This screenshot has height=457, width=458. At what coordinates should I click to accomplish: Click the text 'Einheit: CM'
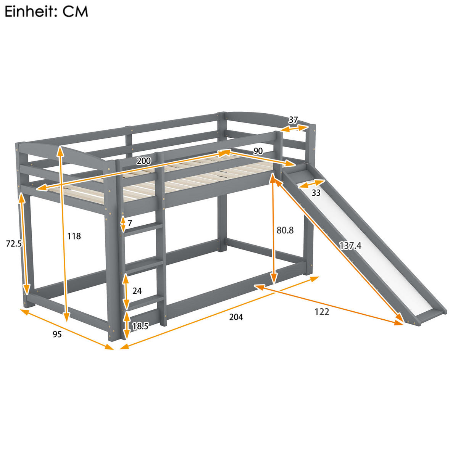click(46, 12)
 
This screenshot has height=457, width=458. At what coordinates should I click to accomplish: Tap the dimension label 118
click(74, 236)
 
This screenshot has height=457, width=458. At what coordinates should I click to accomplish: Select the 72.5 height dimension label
click(13, 244)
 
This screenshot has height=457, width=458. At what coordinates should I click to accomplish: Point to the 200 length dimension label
click(144, 161)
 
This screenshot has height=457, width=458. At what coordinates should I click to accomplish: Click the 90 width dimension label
click(258, 151)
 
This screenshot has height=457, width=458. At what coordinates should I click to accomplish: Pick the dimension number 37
click(293, 120)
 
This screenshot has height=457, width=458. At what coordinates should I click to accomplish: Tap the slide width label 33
click(316, 193)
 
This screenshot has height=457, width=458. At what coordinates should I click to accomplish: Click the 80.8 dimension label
click(285, 230)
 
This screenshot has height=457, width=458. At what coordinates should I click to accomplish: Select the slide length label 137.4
click(350, 246)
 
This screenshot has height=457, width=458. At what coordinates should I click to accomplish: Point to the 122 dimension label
click(322, 312)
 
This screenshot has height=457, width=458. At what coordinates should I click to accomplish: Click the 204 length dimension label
click(236, 317)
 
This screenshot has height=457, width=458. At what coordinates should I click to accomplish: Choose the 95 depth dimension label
click(57, 335)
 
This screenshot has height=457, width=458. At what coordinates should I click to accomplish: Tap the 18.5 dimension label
click(140, 326)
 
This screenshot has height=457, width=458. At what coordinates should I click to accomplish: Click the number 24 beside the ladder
click(137, 291)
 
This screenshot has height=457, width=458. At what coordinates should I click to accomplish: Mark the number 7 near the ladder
click(130, 223)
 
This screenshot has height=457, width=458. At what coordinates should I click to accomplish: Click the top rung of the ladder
click(144, 228)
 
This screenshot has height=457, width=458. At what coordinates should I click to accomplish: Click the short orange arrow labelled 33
click(311, 184)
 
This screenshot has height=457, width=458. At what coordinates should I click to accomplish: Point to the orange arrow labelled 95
click(67, 329)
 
